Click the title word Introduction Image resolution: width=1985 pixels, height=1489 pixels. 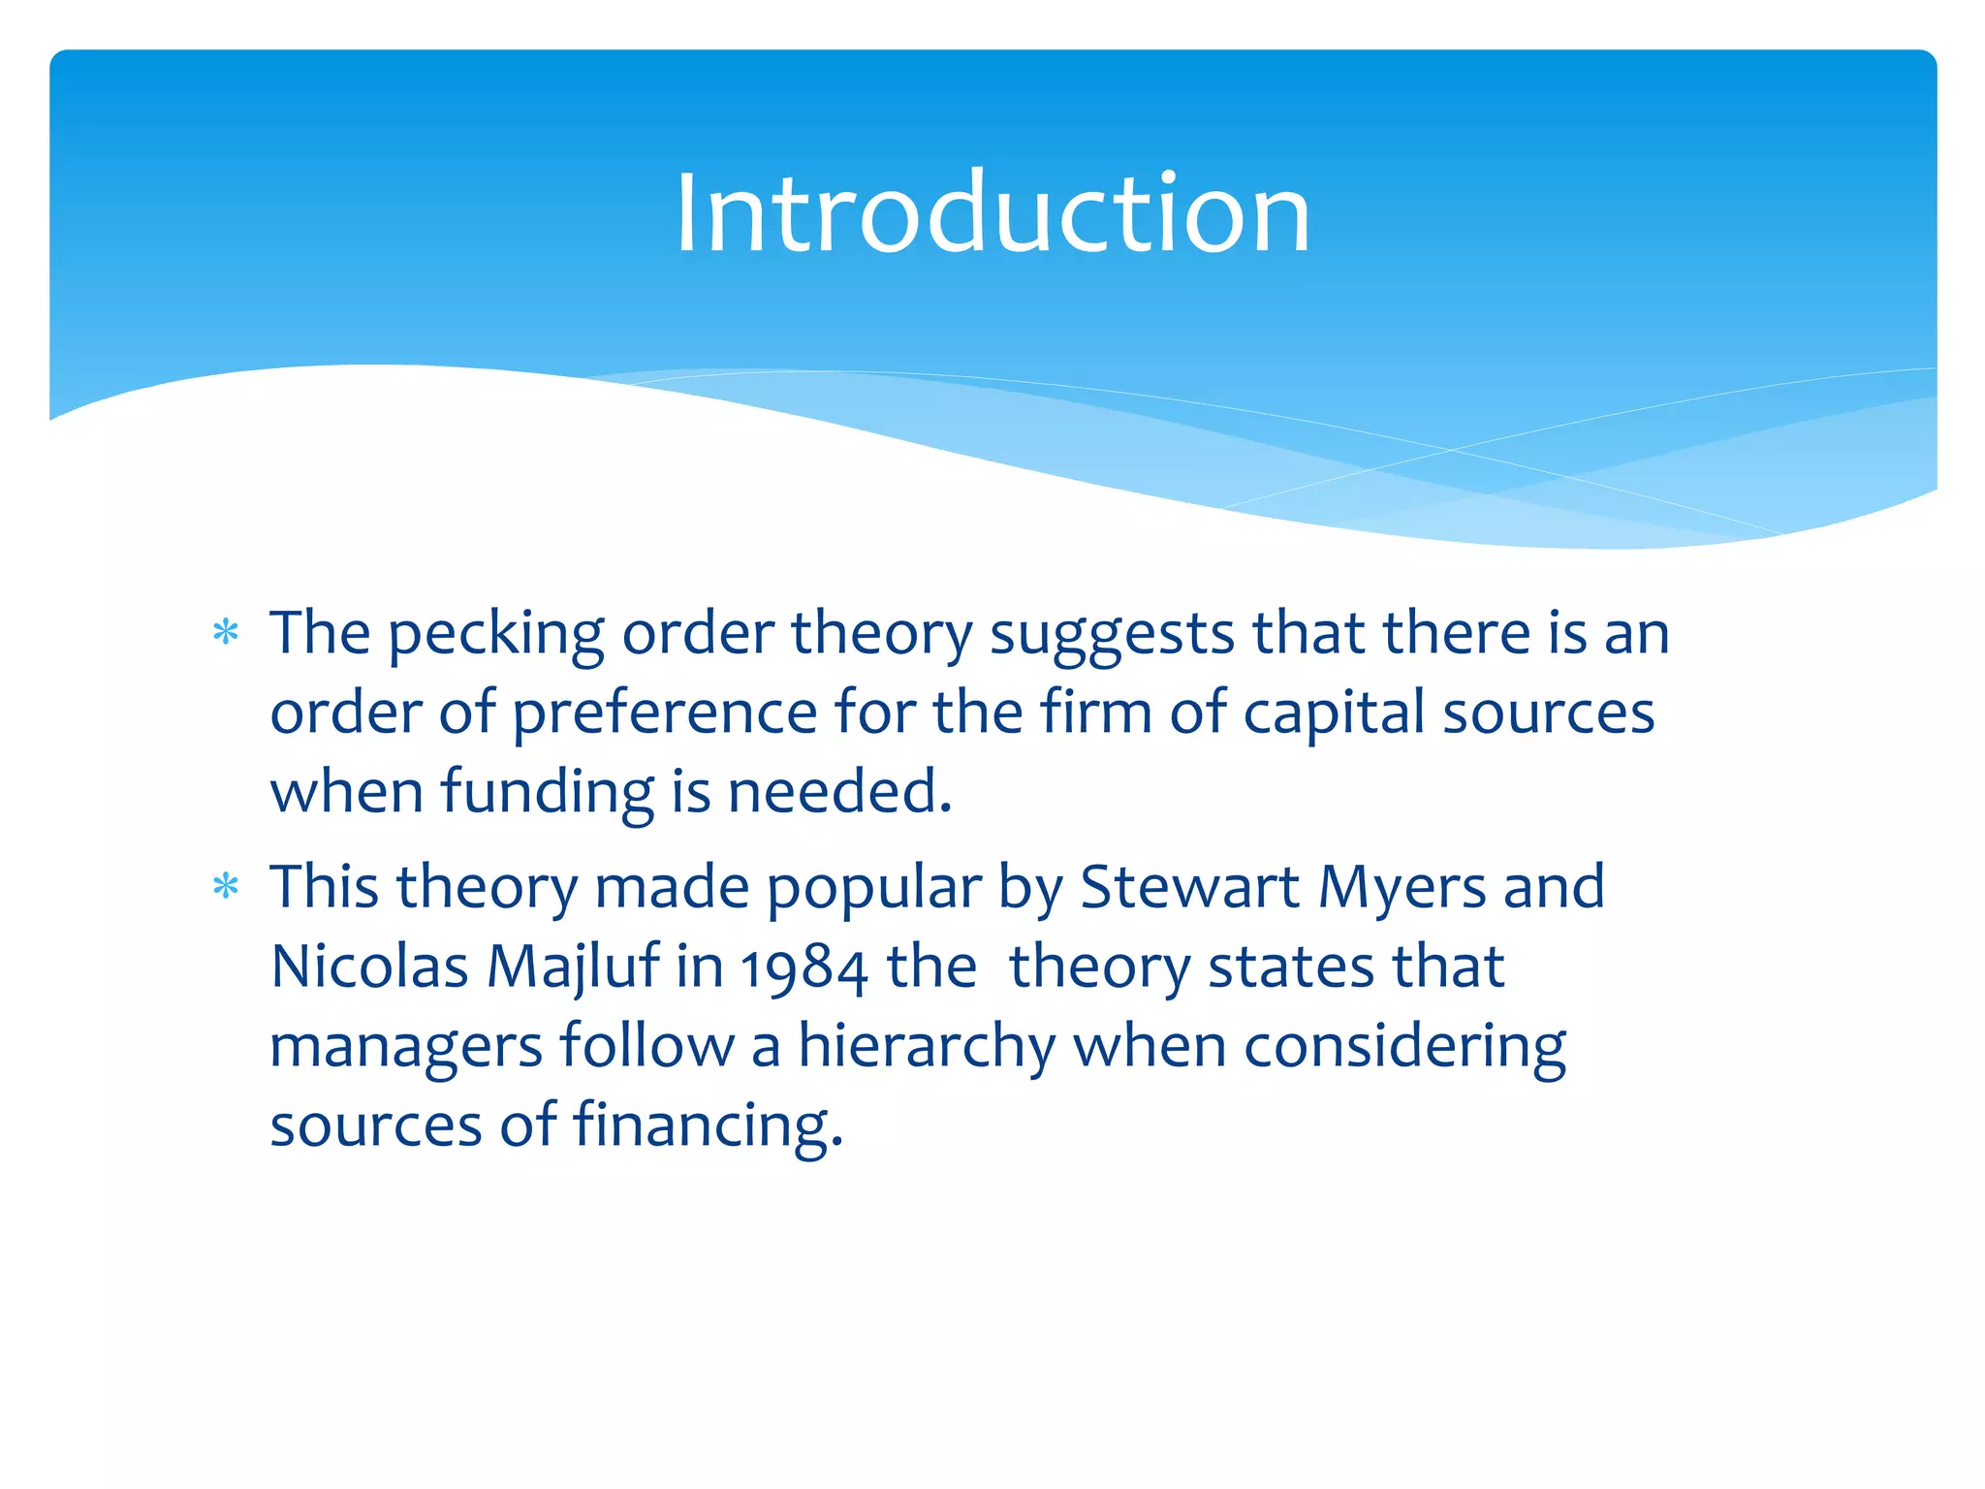tap(992, 213)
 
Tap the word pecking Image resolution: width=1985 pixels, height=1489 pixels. tap(496, 636)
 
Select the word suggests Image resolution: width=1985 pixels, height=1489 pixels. tap(1111, 636)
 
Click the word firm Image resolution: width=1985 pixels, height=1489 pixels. tap(1096, 713)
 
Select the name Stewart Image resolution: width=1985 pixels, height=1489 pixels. tap(1189, 888)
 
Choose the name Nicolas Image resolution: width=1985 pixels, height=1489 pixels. tap(369, 967)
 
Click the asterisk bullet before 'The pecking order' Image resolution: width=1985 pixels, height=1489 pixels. tap(226, 634)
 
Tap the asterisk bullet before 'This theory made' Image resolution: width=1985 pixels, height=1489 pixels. tap(226, 887)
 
